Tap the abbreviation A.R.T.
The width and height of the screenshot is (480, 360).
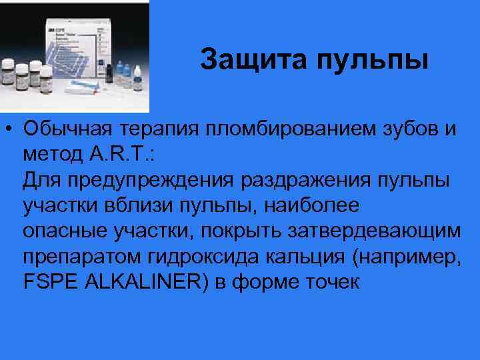coord(116,155)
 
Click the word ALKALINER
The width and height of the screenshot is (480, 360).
coord(134,281)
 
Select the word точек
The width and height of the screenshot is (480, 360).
coord(331,281)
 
